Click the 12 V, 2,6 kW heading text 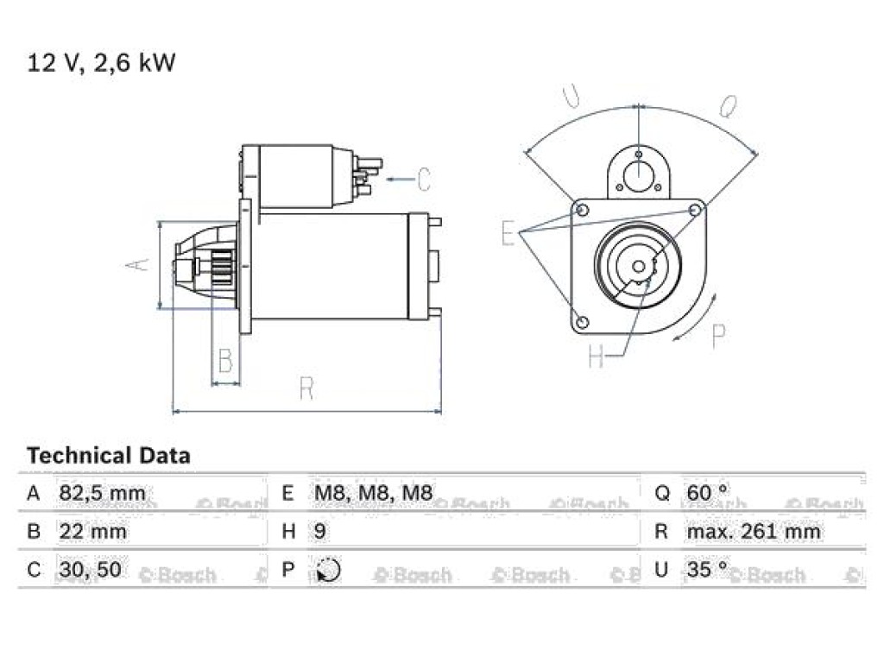(x=102, y=62)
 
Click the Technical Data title (x=108, y=456)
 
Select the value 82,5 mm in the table (x=102, y=493)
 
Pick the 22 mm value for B (x=92, y=532)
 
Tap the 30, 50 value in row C (x=90, y=570)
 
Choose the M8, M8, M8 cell (x=373, y=493)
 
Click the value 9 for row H (x=319, y=532)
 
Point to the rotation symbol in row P (x=328, y=570)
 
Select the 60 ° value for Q (x=708, y=493)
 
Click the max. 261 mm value (x=753, y=532)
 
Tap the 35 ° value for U (x=708, y=569)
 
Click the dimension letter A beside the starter (x=138, y=264)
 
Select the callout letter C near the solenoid (x=424, y=180)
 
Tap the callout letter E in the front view (x=508, y=233)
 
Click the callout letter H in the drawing (x=596, y=356)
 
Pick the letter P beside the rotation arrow (x=719, y=337)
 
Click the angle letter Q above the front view (x=729, y=106)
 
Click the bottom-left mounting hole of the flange (x=583, y=323)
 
